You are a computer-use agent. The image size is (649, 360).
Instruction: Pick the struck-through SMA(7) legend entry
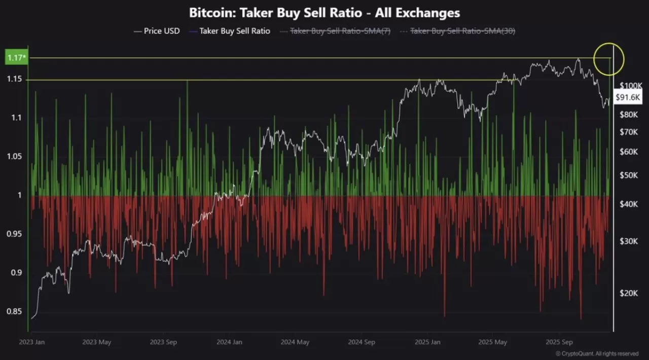click(x=339, y=31)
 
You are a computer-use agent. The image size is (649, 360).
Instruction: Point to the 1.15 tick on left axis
click(x=14, y=79)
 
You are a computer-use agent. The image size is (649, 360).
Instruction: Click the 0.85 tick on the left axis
click(x=14, y=311)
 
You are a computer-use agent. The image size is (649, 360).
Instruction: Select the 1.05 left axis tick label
click(x=14, y=157)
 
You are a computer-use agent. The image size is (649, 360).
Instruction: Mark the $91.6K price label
click(x=628, y=97)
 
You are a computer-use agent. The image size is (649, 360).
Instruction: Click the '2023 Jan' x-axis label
click(x=31, y=342)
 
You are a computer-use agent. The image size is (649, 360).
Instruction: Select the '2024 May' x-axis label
click(x=295, y=342)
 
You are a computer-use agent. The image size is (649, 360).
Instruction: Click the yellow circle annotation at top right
click(x=608, y=59)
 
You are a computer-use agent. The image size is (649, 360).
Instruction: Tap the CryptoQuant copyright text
click(x=597, y=353)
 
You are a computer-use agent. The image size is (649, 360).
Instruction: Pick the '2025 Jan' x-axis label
click(x=427, y=342)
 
